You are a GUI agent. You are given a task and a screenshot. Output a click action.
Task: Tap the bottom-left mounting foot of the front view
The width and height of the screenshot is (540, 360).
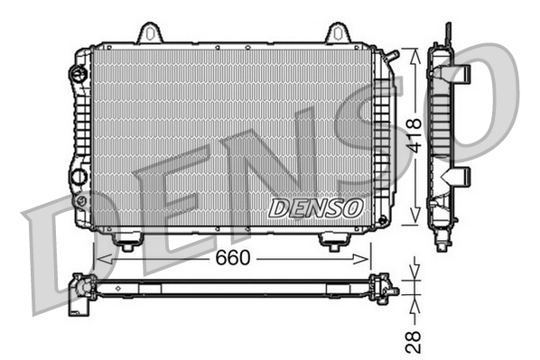click(127, 242)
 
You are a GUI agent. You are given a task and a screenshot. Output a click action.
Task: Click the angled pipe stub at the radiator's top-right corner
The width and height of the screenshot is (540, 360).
click(389, 57)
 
